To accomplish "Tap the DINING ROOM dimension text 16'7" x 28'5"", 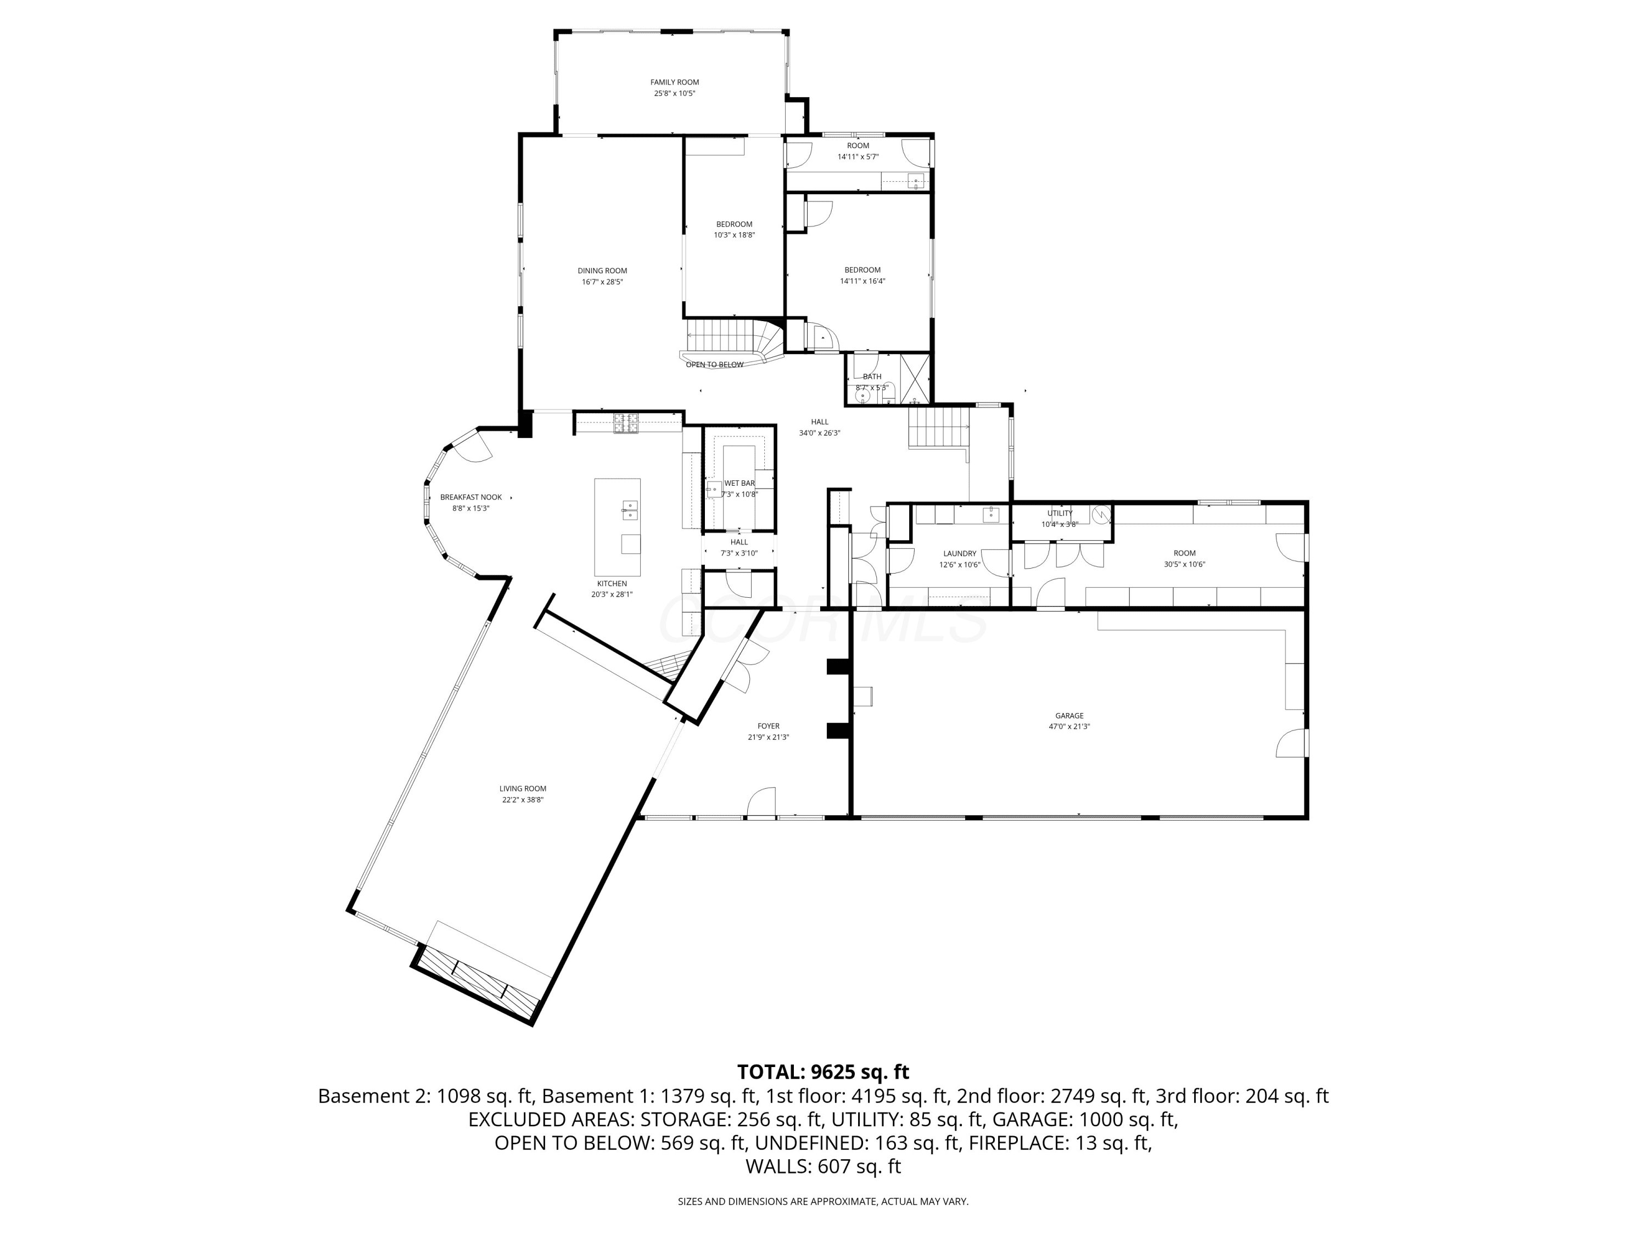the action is [602, 282].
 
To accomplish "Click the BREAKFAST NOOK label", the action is [470, 497].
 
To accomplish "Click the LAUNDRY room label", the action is [960, 554].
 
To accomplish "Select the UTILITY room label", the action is [1060, 513].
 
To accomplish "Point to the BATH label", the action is [872, 377].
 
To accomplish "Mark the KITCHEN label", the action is [612, 583].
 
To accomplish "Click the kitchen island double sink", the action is [630, 510].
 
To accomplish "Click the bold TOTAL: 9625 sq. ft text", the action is [823, 1072].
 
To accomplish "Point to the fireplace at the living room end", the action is [476, 984].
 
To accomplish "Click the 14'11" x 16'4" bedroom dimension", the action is [862, 282].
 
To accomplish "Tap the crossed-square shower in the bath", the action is [915, 378].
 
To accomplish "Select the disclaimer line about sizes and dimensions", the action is [823, 1202].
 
